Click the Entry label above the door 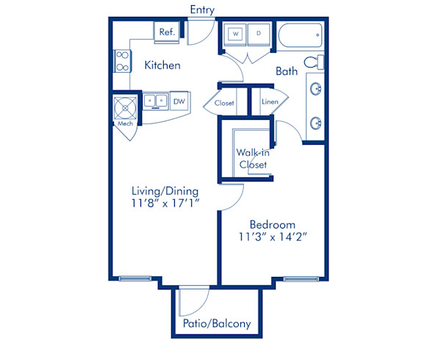[202, 10]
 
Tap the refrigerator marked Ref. [167, 32]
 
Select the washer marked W [235, 35]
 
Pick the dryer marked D [259, 35]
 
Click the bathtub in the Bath [300, 36]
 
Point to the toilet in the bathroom [314, 62]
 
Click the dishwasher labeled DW [179, 101]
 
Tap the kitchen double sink [155, 101]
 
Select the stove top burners [122, 61]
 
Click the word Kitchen [162, 65]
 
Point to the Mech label [125, 123]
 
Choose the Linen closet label [270, 101]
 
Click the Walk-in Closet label [253, 159]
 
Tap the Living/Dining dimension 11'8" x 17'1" [165, 204]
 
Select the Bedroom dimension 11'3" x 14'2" [273, 237]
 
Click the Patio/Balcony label [217, 324]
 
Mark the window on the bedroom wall [301, 279]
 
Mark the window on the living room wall [135, 278]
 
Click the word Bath [287, 71]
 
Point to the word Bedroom [273, 225]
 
